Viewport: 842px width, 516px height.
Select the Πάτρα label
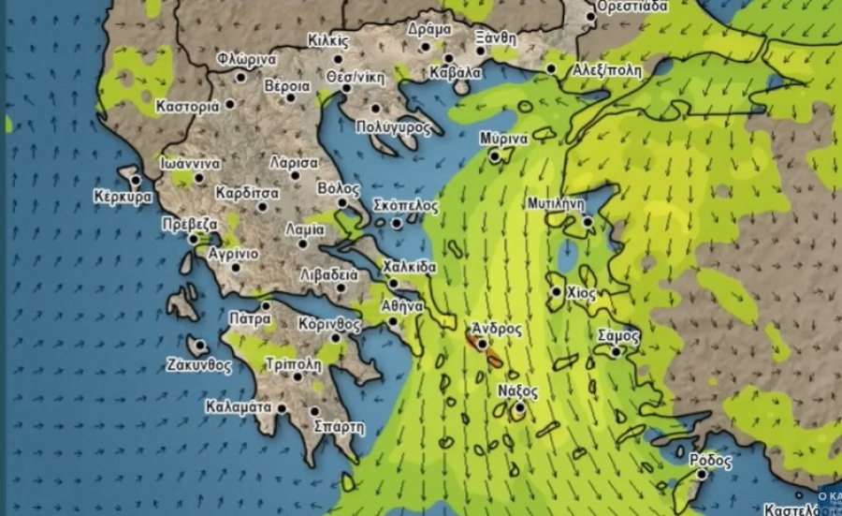point(250,318)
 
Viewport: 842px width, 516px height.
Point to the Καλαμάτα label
point(239,407)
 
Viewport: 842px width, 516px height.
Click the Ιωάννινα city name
point(190,163)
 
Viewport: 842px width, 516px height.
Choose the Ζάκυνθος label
point(198,365)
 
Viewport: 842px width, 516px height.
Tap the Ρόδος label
point(710,461)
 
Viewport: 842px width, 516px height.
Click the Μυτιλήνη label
point(556,202)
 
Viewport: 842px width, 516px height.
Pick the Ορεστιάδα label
point(632,6)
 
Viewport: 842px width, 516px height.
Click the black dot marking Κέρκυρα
point(137,180)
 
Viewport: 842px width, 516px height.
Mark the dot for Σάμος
point(616,352)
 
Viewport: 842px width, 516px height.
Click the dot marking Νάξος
point(519,407)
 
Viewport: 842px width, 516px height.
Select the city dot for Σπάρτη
point(315,411)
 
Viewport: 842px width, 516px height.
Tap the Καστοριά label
point(187,106)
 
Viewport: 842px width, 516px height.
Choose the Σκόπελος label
point(406,205)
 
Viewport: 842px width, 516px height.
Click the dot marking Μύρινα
point(495,156)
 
